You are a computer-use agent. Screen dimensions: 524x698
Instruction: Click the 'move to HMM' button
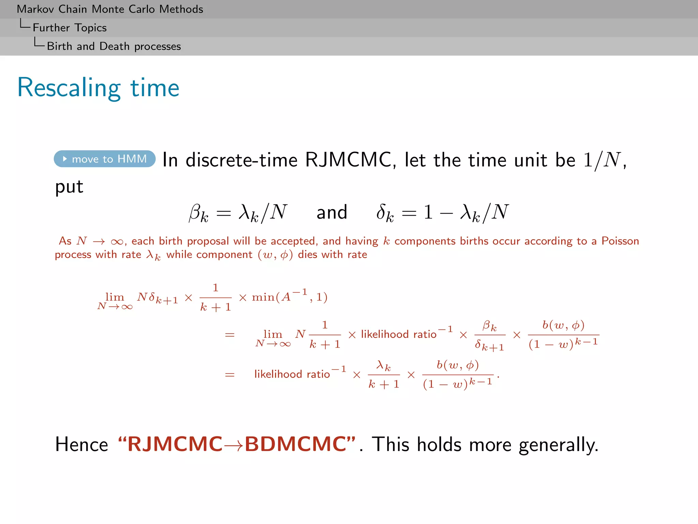pyautogui.click(x=105, y=159)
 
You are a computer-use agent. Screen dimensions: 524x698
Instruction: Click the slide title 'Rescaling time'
pyautogui.click(x=98, y=88)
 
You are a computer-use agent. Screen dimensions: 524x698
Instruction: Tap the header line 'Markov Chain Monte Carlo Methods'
pyautogui.click(x=110, y=9)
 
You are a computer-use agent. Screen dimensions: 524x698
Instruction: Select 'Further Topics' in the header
pyautogui.click(x=70, y=28)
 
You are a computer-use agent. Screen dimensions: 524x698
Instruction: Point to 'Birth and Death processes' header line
pyautogui.click(x=114, y=46)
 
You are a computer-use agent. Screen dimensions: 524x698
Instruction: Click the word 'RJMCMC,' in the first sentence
pyautogui.click(x=351, y=160)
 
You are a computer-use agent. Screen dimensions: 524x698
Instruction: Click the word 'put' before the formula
pyautogui.click(x=69, y=187)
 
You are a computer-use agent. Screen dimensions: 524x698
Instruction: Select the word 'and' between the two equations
pyautogui.click(x=332, y=212)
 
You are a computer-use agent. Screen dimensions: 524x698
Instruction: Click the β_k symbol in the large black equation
pyautogui.click(x=199, y=213)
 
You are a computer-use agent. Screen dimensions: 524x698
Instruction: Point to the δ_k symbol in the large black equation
pyautogui.click(x=385, y=213)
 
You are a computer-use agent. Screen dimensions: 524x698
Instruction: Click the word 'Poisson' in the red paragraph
pyautogui.click(x=620, y=241)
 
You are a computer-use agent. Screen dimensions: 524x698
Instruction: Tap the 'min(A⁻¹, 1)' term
pyautogui.click(x=290, y=297)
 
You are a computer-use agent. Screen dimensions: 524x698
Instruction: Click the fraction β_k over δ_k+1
pyautogui.click(x=490, y=335)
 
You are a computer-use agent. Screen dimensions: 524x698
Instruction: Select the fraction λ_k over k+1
pyautogui.click(x=384, y=375)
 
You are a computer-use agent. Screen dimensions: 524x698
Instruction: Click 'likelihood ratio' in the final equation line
pyautogui.click(x=292, y=374)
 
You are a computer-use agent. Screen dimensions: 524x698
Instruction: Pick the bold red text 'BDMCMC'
pyautogui.click(x=295, y=444)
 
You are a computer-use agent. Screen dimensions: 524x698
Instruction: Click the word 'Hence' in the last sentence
pyautogui.click(x=82, y=445)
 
